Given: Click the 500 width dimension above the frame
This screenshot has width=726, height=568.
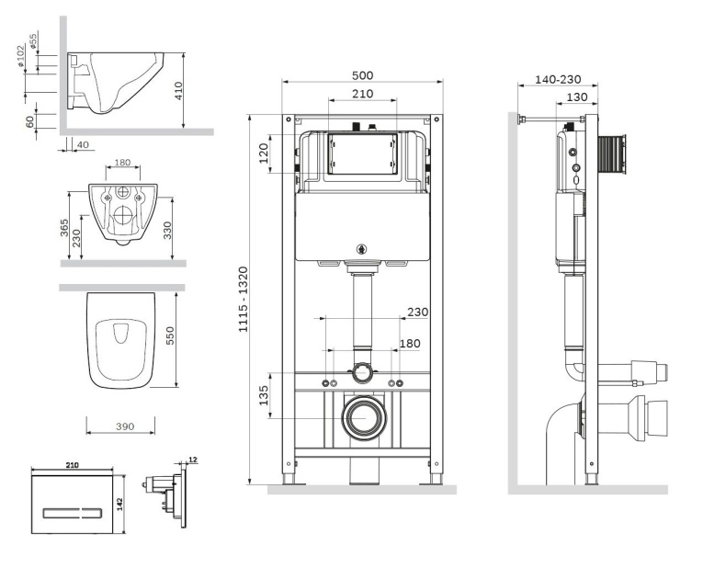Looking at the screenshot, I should tap(365, 75).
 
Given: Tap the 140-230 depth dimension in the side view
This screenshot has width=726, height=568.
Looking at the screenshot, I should tap(558, 80).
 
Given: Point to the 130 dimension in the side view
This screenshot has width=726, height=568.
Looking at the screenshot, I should tap(577, 97).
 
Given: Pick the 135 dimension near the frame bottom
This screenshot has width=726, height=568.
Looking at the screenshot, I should tap(264, 395).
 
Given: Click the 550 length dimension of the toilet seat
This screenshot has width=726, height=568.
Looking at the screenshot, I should tap(169, 338).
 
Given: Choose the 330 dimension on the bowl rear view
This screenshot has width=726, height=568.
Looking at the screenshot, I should tap(168, 229).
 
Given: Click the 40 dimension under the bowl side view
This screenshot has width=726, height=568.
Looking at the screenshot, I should tap(84, 144).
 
